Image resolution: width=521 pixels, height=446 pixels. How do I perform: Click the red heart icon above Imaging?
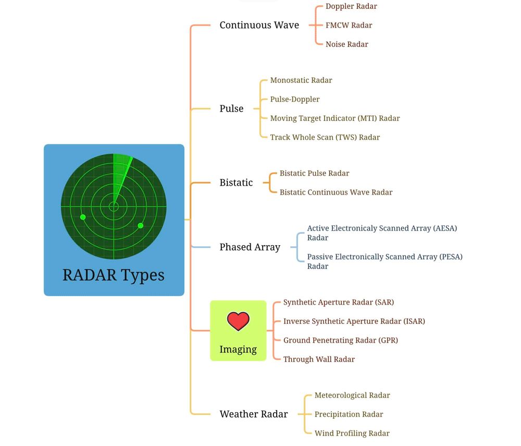(x=238, y=321)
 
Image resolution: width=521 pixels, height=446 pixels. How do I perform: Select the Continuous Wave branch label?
(x=259, y=25)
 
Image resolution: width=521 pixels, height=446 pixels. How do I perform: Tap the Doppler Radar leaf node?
(x=351, y=6)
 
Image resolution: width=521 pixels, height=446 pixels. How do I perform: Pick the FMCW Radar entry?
(x=349, y=25)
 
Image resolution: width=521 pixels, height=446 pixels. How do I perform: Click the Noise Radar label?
(x=346, y=44)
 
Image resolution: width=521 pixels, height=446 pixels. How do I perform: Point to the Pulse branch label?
(x=231, y=109)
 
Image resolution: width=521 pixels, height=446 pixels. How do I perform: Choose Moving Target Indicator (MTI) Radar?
(x=334, y=118)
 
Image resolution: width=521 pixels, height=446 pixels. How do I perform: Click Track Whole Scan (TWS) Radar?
(x=325, y=137)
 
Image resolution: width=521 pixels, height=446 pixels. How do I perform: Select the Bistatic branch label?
(x=236, y=183)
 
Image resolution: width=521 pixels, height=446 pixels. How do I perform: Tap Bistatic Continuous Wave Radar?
(x=336, y=192)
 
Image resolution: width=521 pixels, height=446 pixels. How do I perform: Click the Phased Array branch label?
(x=250, y=247)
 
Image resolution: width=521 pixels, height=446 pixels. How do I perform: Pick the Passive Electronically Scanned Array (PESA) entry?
(x=384, y=261)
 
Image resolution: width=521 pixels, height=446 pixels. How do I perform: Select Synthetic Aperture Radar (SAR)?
(x=338, y=302)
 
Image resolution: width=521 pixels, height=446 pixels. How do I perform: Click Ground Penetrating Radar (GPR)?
(x=340, y=340)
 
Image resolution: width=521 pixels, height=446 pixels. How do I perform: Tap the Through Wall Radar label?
(x=319, y=359)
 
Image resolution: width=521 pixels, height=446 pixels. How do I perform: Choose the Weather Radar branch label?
(x=253, y=414)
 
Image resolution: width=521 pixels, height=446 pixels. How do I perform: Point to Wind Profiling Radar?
(x=352, y=433)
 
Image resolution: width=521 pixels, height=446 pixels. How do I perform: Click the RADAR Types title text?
(x=114, y=275)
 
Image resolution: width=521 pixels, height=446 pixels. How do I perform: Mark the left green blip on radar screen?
(x=83, y=216)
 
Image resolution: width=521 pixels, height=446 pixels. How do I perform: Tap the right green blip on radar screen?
(x=140, y=225)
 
